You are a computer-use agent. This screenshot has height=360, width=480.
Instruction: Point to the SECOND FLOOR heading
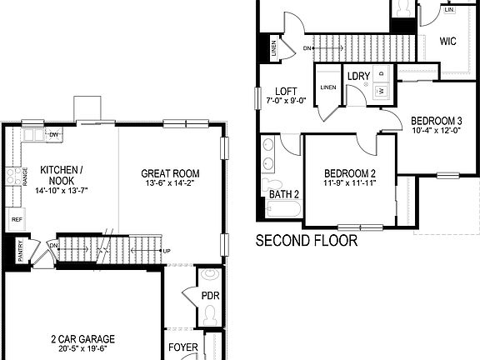(306, 242)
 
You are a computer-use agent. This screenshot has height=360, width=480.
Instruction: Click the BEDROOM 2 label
(349, 173)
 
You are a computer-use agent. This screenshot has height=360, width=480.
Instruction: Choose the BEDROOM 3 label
(437, 120)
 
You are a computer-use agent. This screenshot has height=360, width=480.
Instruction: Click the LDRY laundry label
(358, 77)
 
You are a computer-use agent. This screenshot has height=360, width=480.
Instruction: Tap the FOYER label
(183, 347)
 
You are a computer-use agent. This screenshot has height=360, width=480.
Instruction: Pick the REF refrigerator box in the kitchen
(16, 220)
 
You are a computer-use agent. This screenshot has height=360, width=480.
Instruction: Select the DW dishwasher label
(54, 134)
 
